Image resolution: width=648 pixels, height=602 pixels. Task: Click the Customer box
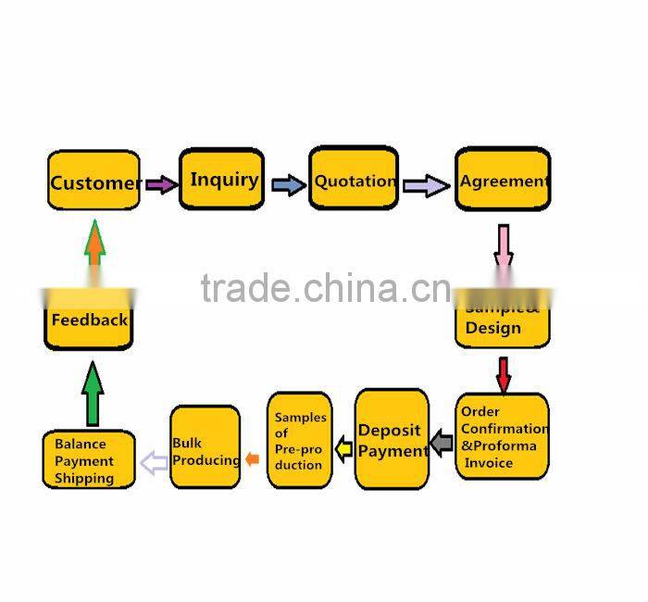tap(93, 181)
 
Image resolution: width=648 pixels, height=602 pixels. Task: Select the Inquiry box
tap(221, 178)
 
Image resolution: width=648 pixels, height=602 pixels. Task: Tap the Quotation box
tap(354, 180)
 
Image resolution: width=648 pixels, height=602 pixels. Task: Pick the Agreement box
tap(503, 180)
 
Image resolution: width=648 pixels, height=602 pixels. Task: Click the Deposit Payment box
tap(392, 440)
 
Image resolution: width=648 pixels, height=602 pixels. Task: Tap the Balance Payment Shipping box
tap(88, 460)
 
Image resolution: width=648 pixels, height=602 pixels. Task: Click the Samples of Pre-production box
tap(300, 441)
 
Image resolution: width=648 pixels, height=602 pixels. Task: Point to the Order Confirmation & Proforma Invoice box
tap(502, 436)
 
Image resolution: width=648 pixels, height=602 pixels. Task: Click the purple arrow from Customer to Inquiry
tap(160, 184)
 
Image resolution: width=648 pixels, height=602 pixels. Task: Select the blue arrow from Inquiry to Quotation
tap(288, 184)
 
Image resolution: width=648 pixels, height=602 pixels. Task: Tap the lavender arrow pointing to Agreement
tap(426, 184)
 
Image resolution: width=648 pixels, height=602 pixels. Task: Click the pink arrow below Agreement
tap(504, 245)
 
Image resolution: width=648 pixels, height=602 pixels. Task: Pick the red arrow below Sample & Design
tap(504, 374)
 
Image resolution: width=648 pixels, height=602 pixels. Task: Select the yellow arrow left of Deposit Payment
tap(343, 450)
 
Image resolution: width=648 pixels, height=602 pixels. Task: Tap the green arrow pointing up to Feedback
tap(93, 393)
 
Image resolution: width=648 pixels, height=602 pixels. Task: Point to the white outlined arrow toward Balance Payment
tap(154, 461)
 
